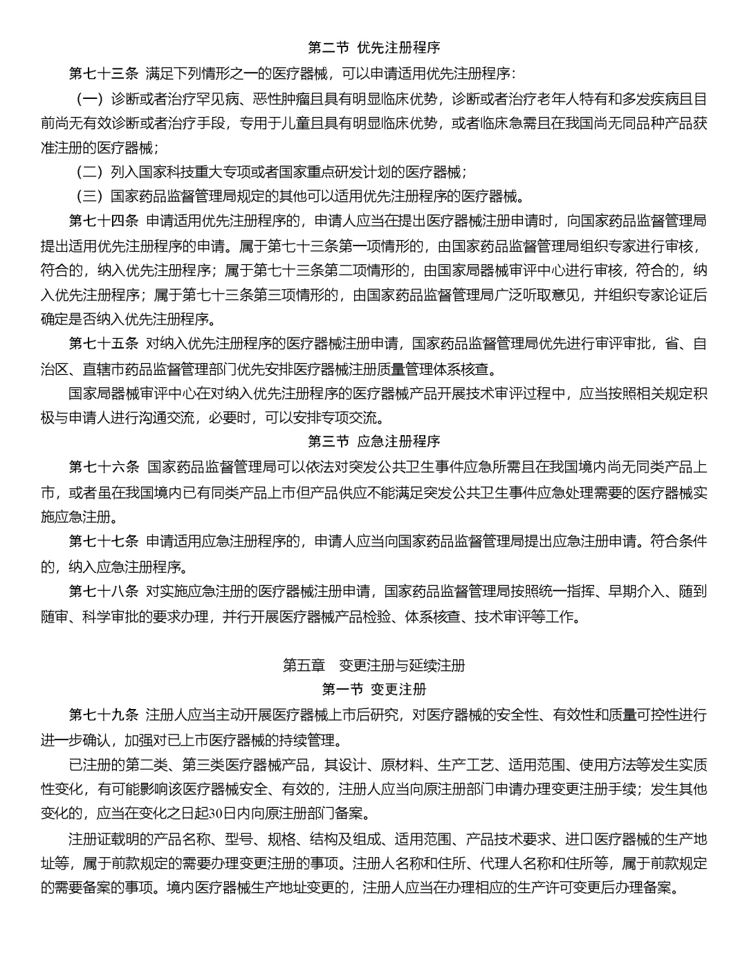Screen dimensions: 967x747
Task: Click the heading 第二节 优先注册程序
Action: [373, 48]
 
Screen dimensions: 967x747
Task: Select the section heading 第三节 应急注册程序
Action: [373, 441]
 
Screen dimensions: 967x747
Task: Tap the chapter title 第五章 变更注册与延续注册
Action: [373, 665]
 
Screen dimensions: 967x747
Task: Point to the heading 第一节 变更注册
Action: [373, 689]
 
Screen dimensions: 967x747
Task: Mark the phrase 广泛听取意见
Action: [548, 295]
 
